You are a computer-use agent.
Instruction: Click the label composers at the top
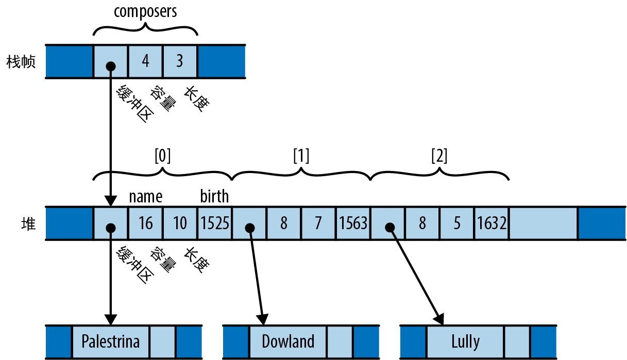click(145, 12)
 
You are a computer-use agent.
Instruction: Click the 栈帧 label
click(21, 62)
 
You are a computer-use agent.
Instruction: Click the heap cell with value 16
click(145, 224)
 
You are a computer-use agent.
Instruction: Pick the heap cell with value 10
click(180, 224)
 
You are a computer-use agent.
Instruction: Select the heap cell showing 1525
click(214, 224)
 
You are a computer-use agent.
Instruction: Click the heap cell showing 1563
click(353, 224)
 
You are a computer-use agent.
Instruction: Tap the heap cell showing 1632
click(492, 224)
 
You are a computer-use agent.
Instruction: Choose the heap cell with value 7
click(318, 224)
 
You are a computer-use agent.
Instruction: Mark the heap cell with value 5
click(457, 224)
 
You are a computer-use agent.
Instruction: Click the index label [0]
click(162, 157)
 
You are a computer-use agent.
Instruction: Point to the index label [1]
click(301, 157)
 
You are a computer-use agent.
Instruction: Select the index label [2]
click(439, 157)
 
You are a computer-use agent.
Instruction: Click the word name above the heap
click(145, 197)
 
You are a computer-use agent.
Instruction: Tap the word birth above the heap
click(214, 197)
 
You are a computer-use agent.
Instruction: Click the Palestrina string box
click(111, 341)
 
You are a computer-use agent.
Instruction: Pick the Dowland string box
click(288, 341)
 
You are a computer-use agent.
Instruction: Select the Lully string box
click(465, 341)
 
